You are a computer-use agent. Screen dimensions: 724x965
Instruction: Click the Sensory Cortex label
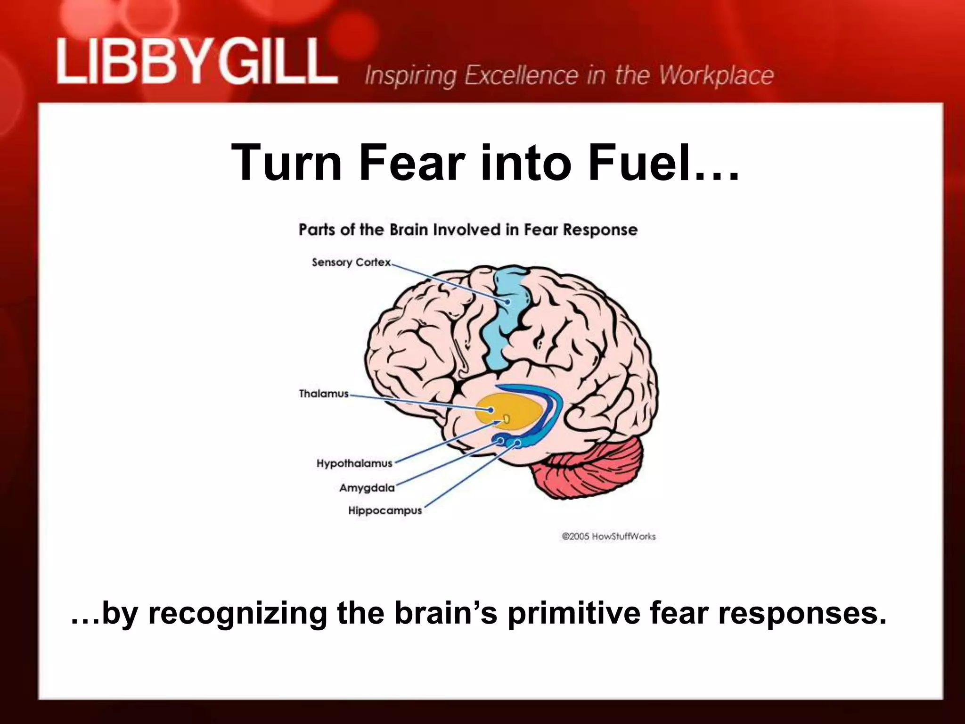[x=351, y=262]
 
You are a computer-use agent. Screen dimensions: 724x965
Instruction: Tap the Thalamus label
[x=324, y=394]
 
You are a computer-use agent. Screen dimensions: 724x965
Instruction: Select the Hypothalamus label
[x=354, y=463]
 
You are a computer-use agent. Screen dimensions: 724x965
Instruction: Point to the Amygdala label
[x=367, y=488]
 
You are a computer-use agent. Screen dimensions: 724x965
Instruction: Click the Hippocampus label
[x=385, y=510]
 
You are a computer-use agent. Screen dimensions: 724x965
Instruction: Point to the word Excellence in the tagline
[x=522, y=75]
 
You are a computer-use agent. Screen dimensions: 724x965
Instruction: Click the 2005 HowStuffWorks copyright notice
[x=608, y=536]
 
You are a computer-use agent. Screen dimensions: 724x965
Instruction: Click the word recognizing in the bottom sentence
[x=237, y=614]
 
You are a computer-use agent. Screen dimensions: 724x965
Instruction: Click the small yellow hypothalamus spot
[x=507, y=419]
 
